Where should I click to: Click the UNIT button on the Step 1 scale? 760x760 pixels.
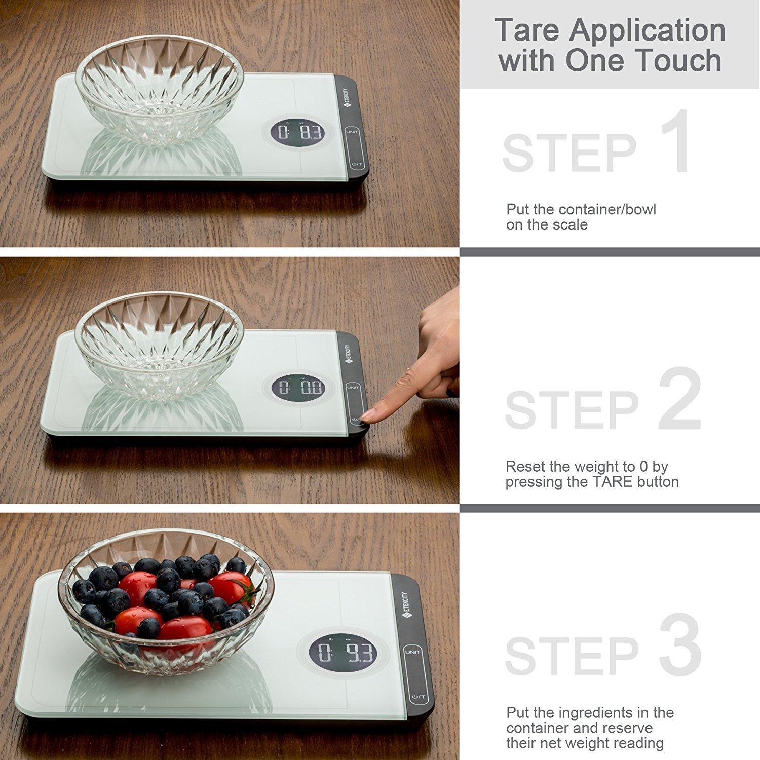pos(351,132)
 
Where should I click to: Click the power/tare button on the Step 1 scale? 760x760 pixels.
pos(357,165)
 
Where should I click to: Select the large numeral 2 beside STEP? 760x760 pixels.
pos(679,399)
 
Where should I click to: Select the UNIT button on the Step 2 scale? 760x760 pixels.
pos(353,388)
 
